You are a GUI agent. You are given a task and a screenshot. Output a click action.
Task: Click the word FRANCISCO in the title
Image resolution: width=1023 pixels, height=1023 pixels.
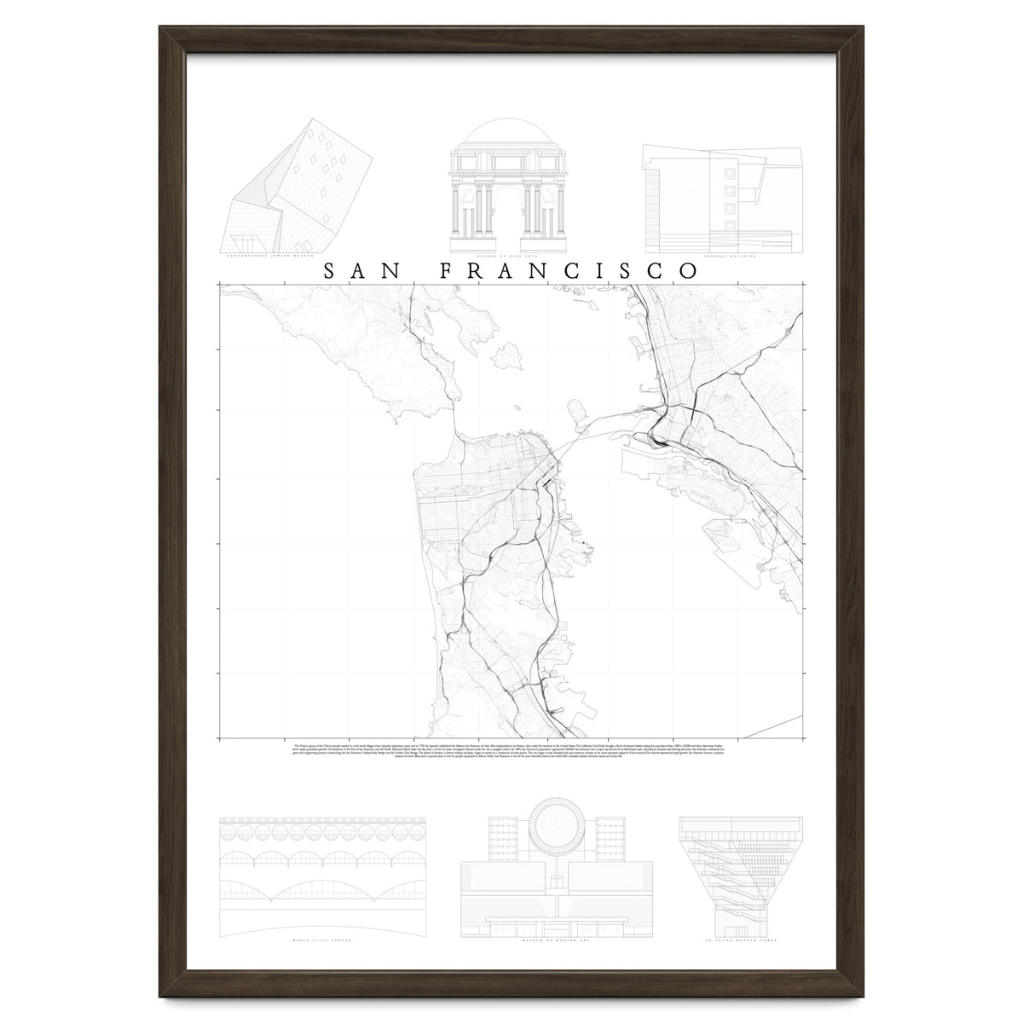[x=569, y=271]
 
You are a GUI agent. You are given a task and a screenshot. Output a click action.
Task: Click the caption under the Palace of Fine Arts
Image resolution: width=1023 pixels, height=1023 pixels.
[x=510, y=255]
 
